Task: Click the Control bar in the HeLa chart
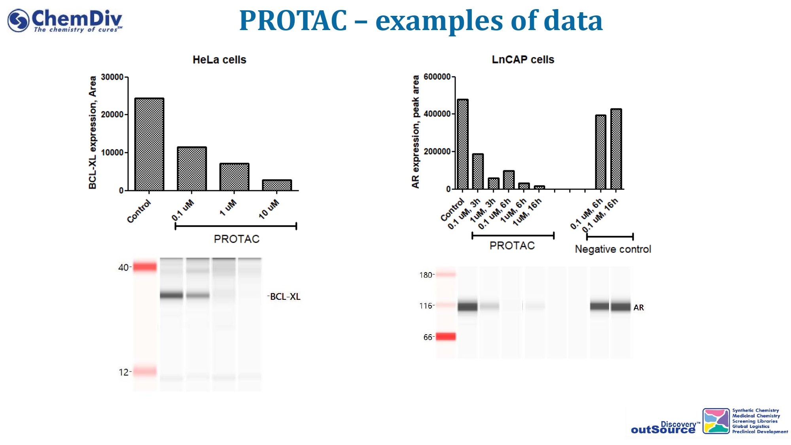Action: coord(149,144)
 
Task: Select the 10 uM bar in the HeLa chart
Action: coord(277,185)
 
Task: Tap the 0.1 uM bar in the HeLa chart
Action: coord(192,169)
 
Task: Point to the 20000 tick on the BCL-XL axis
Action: coord(112,115)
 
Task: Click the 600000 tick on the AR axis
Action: coord(437,77)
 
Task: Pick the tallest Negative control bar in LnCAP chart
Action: coord(616,149)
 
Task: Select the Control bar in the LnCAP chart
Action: coord(462,144)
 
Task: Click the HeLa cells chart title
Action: coord(219,60)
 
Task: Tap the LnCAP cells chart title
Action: coord(522,60)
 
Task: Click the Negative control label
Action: coord(613,249)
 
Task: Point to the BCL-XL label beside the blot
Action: coord(285,297)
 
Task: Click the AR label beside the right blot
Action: coord(638,308)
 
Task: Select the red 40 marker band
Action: coord(145,267)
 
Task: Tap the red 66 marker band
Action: coord(446,337)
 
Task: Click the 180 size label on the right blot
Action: coord(426,275)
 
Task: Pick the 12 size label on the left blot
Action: coord(123,372)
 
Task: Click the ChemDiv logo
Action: coord(65,21)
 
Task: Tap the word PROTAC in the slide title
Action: coord(293,21)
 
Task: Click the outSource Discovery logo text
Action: coord(663,428)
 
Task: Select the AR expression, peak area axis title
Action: coord(415,132)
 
